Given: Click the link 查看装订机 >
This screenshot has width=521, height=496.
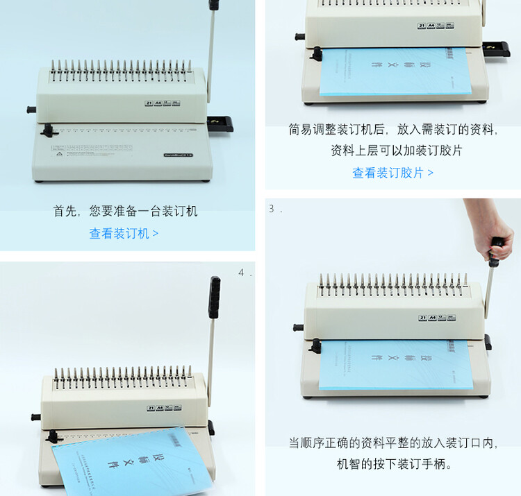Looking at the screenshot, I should [124, 234].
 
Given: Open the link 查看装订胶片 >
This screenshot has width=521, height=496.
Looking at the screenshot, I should [392, 173].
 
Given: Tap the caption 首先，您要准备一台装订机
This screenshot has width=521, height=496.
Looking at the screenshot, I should [126, 211].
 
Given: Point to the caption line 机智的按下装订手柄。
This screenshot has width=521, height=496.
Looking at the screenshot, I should [394, 464].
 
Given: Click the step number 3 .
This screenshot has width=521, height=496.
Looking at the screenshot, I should [272, 209].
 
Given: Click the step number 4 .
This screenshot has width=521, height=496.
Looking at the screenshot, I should [242, 273].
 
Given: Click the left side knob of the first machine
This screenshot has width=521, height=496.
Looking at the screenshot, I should [31, 110].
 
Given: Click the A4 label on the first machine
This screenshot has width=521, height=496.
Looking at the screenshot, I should [159, 103].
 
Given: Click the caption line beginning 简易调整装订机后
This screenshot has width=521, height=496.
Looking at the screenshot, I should [393, 129].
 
